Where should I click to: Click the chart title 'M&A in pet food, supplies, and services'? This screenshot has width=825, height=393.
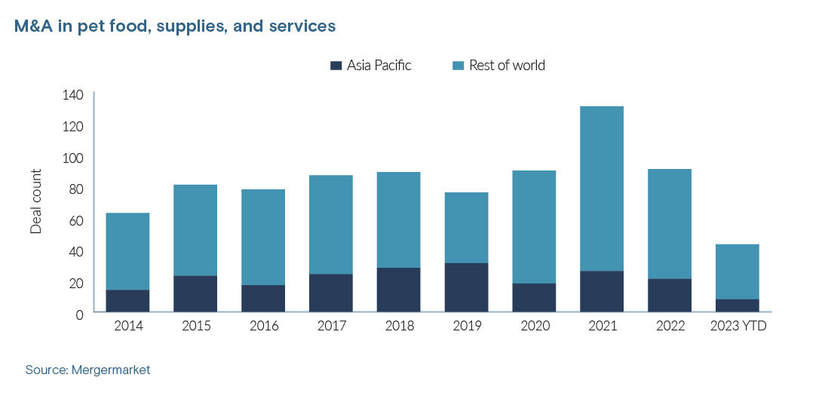pyautogui.click(x=175, y=26)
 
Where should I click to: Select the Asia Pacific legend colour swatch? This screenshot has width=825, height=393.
pyautogui.click(x=336, y=66)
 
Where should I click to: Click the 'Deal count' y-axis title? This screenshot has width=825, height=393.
pyautogui.click(x=36, y=201)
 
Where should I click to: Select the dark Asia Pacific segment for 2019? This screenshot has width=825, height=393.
pyautogui.click(x=466, y=287)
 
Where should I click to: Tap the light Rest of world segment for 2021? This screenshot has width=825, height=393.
pyautogui.click(x=602, y=189)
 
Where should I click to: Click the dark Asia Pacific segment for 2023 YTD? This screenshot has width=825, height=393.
pyautogui.click(x=738, y=305)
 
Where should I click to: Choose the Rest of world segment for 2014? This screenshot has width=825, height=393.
pyautogui.click(x=127, y=251)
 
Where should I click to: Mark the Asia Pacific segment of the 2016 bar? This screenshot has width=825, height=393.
pyautogui.click(x=263, y=298)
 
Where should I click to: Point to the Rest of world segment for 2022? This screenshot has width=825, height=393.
pyautogui.click(x=670, y=224)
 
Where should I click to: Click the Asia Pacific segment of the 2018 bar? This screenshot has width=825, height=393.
pyautogui.click(x=398, y=290)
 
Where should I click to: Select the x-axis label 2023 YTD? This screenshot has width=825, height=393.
pyautogui.click(x=738, y=326)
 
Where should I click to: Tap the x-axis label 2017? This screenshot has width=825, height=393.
pyautogui.click(x=330, y=326)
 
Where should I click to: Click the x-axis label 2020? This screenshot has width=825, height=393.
pyautogui.click(x=534, y=326)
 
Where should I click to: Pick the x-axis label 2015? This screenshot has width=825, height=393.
pyautogui.click(x=195, y=326)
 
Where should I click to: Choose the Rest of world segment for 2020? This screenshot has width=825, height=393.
pyautogui.click(x=534, y=227)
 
